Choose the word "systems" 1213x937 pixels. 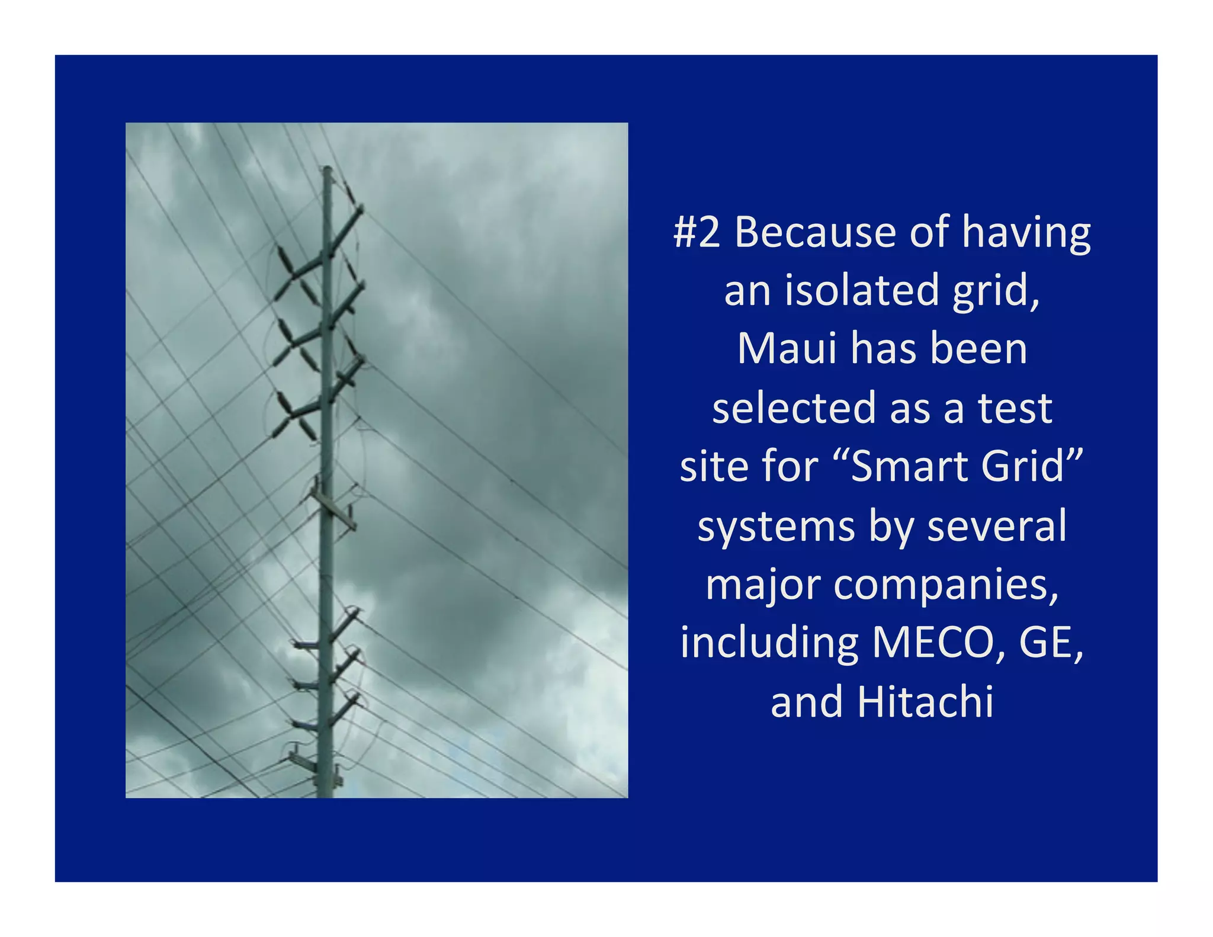point(776,526)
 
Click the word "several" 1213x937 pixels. point(997,526)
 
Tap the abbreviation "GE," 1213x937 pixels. point(1051,643)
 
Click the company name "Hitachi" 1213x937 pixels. point(925,702)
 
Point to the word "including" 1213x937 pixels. point(769,643)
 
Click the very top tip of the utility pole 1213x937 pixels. point(327,168)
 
